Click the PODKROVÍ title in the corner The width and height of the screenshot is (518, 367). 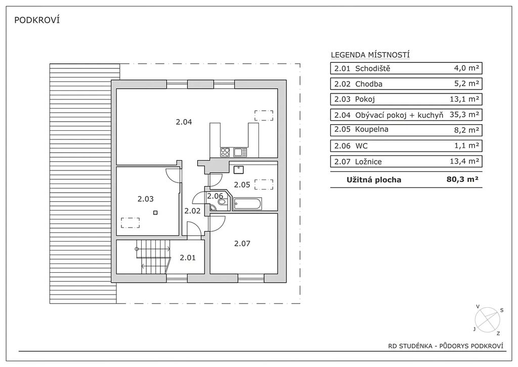[37, 20]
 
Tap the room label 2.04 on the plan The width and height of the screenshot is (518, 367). [184, 122]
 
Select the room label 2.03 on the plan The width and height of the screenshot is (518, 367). [146, 199]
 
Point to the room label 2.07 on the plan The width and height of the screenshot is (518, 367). [242, 243]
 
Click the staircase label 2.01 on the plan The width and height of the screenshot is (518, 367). [188, 258]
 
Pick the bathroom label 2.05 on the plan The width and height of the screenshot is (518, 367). [242, 185]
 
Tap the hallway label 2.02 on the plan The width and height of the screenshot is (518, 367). [192, 211]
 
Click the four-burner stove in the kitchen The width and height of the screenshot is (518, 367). [225, 152]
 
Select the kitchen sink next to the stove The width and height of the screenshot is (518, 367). [240, 152]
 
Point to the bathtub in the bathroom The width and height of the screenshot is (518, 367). [247, 204]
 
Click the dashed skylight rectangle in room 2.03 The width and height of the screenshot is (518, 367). [130, 223]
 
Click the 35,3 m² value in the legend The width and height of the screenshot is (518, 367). [464, 115]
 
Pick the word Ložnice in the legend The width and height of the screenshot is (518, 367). [368, 162]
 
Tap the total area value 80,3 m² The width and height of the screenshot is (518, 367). [462, 179]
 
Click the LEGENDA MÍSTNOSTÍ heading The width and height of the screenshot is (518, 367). [370, 55]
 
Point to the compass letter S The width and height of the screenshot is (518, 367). [501, 310]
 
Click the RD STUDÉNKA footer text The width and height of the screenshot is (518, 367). [410, 346]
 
